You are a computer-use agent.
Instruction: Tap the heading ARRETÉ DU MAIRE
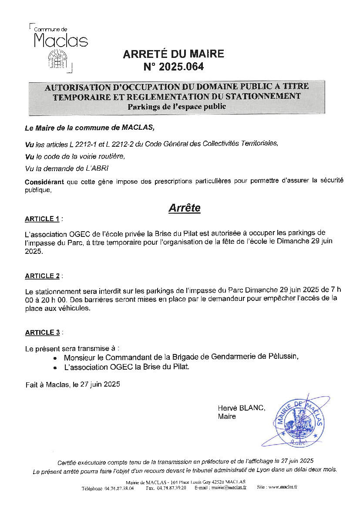173,54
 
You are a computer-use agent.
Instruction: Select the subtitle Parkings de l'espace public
177,107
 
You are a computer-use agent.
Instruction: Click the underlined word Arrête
184,208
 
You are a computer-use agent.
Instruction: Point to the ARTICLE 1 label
42,219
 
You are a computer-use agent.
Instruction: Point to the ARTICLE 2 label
42,276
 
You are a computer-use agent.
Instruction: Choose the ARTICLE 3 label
42,333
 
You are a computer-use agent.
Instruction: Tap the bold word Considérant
44,182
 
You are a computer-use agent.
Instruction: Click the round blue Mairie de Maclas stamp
299,421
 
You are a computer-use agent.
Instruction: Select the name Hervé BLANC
241,408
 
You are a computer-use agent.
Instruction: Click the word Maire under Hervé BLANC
227,417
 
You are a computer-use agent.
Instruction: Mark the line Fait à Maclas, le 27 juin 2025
73,384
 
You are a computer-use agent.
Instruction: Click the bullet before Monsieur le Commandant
55,357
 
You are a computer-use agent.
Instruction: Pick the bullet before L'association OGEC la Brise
55,368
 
